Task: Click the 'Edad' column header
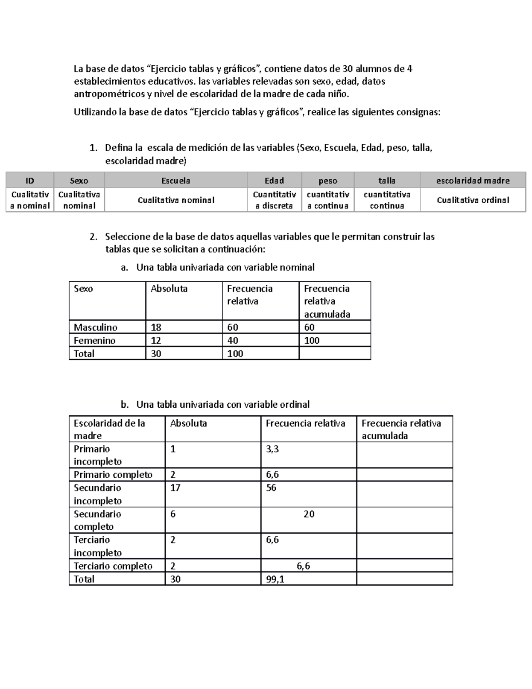tap(274, 181)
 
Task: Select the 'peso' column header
tap(328, 181)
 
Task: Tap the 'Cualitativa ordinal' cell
tap(473, 200)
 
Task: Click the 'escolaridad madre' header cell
tap(473, 181)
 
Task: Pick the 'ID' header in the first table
tap(30, 181)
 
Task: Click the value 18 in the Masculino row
tap(156, 327)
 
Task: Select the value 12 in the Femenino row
tap(156, 341)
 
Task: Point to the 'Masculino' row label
tap(95, 327)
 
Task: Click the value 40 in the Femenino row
tap(233, 341)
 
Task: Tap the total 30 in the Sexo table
tap(156, 354)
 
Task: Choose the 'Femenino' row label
tap(94, 341)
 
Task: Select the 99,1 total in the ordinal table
tap(275, 579)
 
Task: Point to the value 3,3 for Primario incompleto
tap(272, 449)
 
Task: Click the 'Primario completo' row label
tap(113, 475)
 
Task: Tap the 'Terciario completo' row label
tap(113, 566)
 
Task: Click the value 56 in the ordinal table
tap(271, 488)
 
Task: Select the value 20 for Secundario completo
tap(309, 514)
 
